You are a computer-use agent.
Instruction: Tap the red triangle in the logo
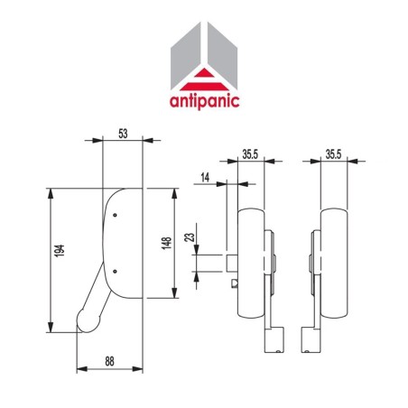point(203,78)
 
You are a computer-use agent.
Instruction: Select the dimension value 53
point(123,134)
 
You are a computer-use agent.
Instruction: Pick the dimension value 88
point(108,360)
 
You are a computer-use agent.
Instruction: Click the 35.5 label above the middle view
point(252,154)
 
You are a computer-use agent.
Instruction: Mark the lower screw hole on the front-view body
point(116,268)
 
